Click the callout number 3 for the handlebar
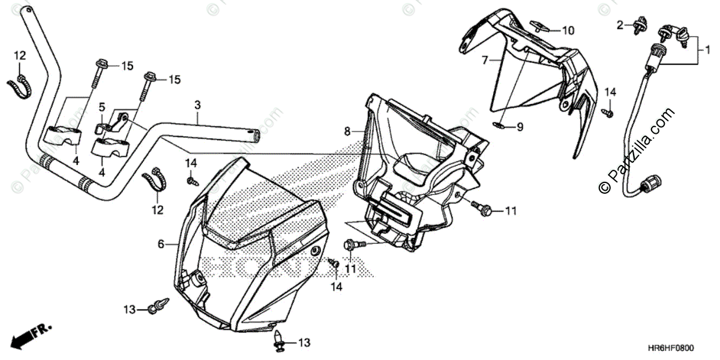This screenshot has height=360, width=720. click(x=197, y=105)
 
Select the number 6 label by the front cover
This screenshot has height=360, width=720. click(x=161, y=244)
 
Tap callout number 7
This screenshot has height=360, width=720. click(x=484, y=60)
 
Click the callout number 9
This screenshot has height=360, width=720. click(x=520, y=127)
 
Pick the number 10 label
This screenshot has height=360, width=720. click(x=568, y=30)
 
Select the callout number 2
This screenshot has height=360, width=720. click(x=620, y=25)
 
